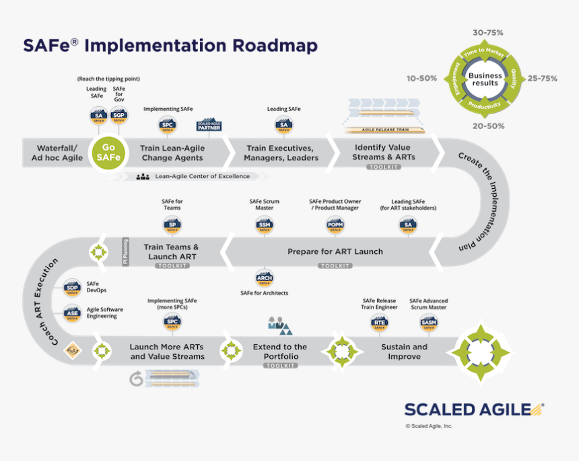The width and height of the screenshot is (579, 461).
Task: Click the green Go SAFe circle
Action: click(x=108, y=153)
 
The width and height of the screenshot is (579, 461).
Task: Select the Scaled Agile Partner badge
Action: click(x=209, y=125)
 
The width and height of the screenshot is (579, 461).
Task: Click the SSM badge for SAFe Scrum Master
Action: click(x=265, y=224)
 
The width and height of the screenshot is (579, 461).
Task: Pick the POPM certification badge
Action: click(x=334, y=224)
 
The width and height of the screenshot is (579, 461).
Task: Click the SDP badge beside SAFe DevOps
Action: click(x=72, y=288)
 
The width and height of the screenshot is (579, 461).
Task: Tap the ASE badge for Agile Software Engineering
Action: click(x=72, y=312)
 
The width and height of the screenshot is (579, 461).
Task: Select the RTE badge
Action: click(x=379, y=323)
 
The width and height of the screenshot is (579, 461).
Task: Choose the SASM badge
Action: click(x=428, y=323)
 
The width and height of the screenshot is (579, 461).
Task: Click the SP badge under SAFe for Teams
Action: click(x=172, y=224)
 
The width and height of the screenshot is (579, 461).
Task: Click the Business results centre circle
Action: click(x=485, y=79)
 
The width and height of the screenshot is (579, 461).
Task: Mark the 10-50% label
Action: click(x=421, y=78)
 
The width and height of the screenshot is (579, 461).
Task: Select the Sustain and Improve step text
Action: click(x=404, y=351)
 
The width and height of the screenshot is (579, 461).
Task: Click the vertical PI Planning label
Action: click(x=125, y=252)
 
